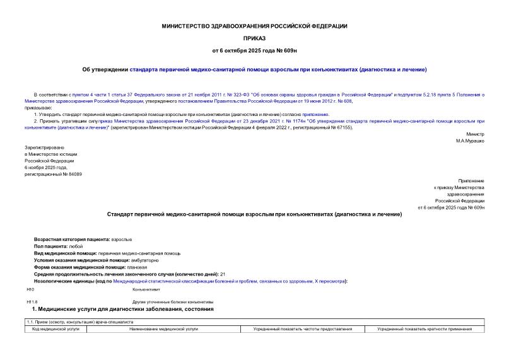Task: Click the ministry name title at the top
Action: click(x=254, y=26)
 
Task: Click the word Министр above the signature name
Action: click(x=476, y=134)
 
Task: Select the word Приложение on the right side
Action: click(x=472, y=181)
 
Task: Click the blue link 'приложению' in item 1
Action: click(x=315, y=114)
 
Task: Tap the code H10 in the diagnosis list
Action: click(x=30, y=289)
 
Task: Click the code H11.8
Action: click(x=32, y=303)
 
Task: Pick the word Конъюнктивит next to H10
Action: click(x=146, y=289)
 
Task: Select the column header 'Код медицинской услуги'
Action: click(x=56, y=329)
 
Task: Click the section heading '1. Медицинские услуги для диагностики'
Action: click(x=122, y=310)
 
